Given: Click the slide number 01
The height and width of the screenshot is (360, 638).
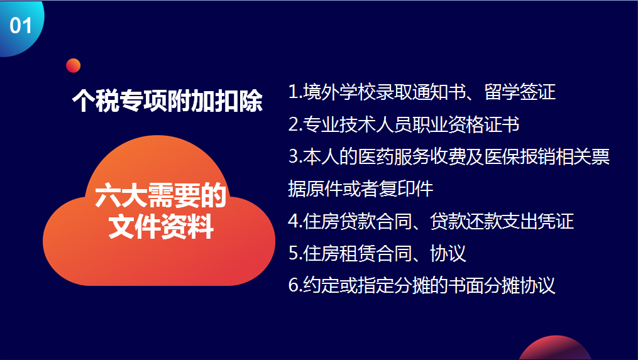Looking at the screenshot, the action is click(x=21, y=26).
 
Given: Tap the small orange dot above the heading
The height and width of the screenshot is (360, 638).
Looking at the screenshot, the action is click(x=74, y=65).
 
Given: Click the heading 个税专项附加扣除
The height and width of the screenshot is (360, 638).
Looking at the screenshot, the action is click(x=167, y=101).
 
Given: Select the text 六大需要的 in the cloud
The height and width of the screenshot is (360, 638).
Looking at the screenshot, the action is click(x=160, y=195).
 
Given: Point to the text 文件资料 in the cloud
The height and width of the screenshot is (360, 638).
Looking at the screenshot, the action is click(x=161, y=227).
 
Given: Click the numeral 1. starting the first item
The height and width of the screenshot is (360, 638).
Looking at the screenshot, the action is click(x=295, y=92).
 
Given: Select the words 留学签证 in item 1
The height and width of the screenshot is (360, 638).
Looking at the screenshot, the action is click(x=520, y=92).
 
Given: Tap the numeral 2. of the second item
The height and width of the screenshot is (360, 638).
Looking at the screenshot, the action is click(x=295, y=124).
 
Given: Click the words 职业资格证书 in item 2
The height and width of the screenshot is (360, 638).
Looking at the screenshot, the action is click(x=465, y=124).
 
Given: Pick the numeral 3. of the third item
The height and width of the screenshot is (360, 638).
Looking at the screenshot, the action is click(x=295, y=156).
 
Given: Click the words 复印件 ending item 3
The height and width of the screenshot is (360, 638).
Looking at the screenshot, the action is click(x=406, y=188).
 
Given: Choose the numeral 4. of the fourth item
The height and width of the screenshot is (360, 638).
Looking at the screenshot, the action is click(x=295, y=221).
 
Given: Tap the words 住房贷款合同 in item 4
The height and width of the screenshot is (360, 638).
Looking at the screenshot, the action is click(x=357, y=221).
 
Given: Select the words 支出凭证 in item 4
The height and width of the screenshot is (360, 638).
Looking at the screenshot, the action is click(x=537, y=221).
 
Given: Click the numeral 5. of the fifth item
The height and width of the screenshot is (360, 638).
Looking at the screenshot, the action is click(x=295, y=253).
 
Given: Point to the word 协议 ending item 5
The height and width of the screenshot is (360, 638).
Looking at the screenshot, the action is click(x=448, y=253).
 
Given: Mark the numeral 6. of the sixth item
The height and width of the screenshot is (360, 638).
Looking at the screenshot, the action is click(x=295, y=285).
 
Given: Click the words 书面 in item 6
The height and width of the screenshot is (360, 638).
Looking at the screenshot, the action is click(x=466, y=285).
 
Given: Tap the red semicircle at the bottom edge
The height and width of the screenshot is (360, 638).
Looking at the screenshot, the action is click(x=555, y=350).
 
